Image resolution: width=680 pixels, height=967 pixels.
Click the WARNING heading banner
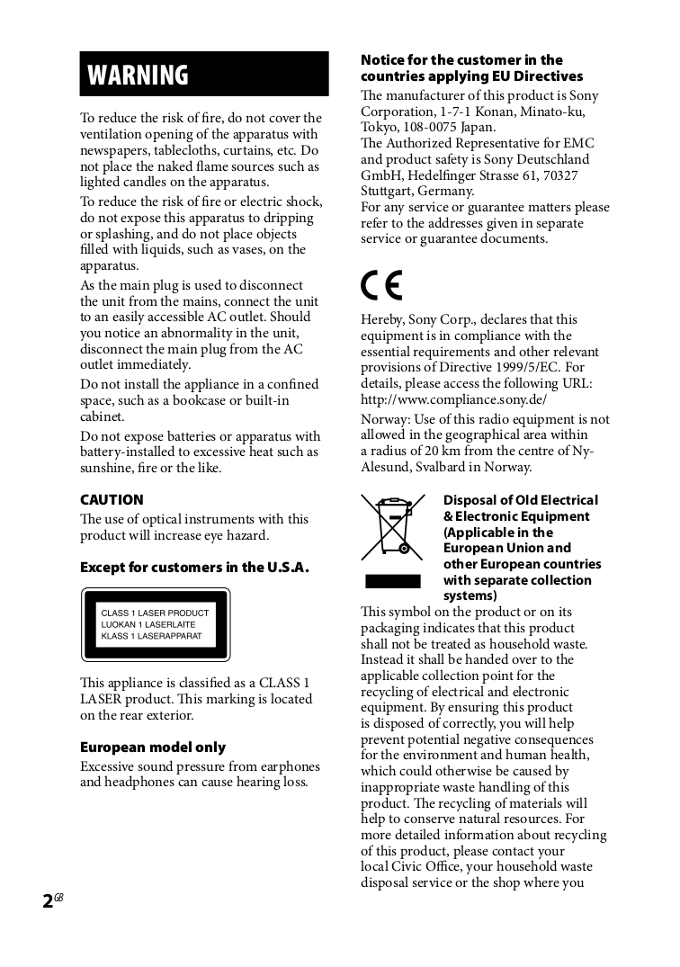tap(204, 74)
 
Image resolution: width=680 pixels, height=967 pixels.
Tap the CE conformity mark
tap(381, 285)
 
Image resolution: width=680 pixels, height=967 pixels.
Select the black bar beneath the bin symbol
tap(392, 581)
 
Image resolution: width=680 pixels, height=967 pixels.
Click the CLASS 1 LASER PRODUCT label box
tap(156, 624)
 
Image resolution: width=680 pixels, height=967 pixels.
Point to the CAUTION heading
tap(112, 500)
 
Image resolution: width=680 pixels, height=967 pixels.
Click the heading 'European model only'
tap(153, 748)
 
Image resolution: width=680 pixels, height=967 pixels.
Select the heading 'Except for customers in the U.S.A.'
tap(194, 568)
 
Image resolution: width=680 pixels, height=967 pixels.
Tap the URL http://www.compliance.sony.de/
tap(453, 399)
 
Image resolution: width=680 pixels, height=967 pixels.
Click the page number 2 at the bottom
tap(48, 901)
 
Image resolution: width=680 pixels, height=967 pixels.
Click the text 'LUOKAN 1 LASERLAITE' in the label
tap(148, 624)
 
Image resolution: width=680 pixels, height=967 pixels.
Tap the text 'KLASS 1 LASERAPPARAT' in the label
tap(151, 636)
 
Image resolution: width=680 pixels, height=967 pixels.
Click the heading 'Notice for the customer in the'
tap(461, 60)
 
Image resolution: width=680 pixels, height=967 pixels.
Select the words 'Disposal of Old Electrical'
tap(520, 500)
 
